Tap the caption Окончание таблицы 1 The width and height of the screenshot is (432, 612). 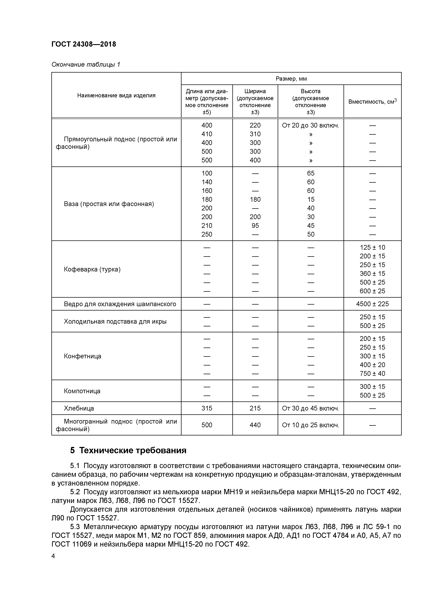(86, 65)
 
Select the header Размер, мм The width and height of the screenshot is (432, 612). (291, 79)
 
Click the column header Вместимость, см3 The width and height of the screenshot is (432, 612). (372, 102)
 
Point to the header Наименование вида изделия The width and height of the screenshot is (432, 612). (116, 95)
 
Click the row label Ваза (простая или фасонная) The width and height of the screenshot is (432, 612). (109, 204)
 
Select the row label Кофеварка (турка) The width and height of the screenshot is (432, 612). (92, 269)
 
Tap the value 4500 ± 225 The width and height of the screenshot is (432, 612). (372, 304)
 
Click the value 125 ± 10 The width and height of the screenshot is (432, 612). (372, 247)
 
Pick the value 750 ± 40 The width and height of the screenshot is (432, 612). (372, 374)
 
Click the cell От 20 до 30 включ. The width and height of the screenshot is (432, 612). (310, 125)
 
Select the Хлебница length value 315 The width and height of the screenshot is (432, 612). (207, 408)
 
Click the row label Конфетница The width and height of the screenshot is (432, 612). (83, 356)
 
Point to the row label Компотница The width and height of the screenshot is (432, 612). (82, 391)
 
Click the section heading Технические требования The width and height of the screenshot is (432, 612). (133, 450)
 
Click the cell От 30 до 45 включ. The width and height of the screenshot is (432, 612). (310, 408)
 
